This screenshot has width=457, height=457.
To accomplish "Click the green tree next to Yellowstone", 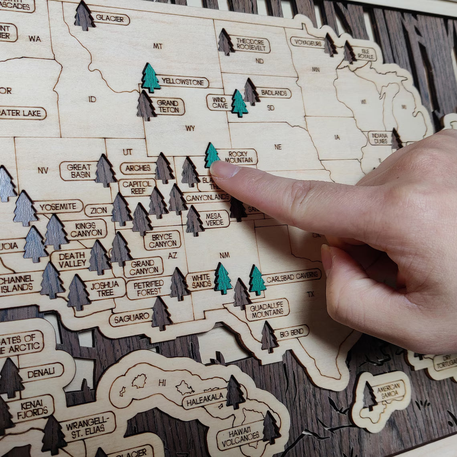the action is pos(150,78).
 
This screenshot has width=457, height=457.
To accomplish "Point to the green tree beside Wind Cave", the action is pos(239,103).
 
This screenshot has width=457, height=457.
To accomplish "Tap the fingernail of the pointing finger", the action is pos(224,170).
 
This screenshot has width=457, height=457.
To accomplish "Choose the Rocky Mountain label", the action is pos(239,157).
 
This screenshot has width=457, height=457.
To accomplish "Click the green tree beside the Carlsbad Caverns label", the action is pos(257,281).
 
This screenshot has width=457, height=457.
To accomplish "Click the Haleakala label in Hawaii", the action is pos(205,398).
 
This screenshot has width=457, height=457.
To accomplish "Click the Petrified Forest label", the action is pos(148,288).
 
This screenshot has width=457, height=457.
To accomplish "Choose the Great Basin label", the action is pos(79,171).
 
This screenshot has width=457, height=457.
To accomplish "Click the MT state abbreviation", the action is pos(158,46).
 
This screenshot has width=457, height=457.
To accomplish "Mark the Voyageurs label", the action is pos(307,42).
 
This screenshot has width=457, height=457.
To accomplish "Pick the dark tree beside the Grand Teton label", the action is pos(146,106).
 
